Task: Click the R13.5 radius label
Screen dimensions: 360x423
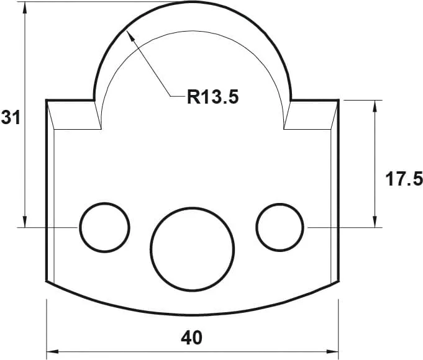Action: point(212,97)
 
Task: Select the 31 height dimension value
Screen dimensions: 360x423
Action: point(11,117)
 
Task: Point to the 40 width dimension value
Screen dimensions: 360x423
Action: point(192,338)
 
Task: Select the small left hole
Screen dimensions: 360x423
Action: point(104,227)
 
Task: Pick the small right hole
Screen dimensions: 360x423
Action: point(280,227)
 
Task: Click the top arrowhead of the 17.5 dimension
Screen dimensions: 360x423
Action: point(375,104)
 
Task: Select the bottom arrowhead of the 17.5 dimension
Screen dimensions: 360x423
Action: point(375,223)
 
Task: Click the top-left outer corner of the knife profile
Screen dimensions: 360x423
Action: point(47,100)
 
